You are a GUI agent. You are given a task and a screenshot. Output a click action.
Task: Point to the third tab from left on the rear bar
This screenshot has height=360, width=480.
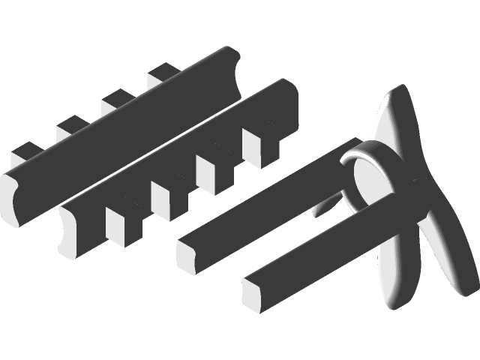[x=116, y=103]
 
